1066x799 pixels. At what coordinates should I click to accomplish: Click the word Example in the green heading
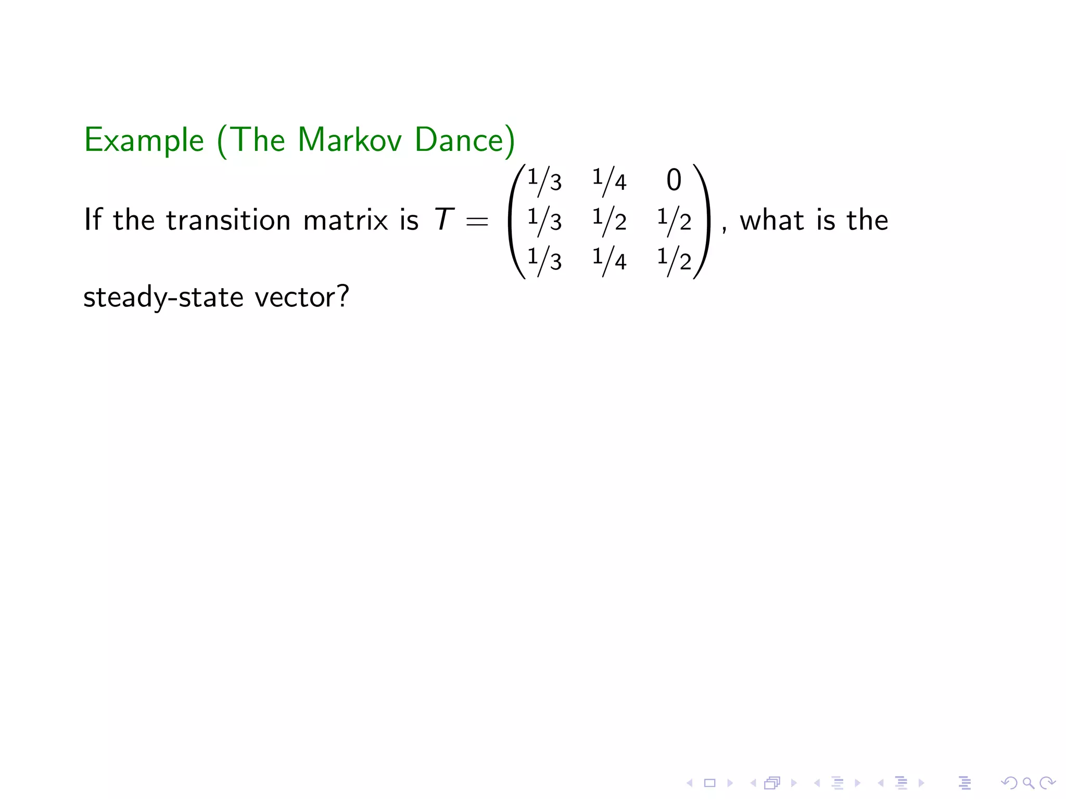pyautogui.click(x=144, y=140)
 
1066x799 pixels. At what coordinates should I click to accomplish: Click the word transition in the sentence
pyautogui.click(x=228, y=220)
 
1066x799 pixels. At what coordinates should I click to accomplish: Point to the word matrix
pyautogui.click(x=346, y=220)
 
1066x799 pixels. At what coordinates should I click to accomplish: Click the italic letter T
pyautogui.click(x=443, y=220)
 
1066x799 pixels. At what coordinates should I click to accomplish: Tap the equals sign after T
pyautogui.click(x=477, y=222)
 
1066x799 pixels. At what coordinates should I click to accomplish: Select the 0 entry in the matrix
pyautogui.click(x=674, y=180)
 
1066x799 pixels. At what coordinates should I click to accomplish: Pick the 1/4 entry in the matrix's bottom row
pyautogui.click(x=609, y=259)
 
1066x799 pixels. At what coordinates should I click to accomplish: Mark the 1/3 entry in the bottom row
pyautogui.click(x=544, y=259)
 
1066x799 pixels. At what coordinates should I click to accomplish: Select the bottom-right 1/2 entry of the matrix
pyautogui.click(x=674, y=259)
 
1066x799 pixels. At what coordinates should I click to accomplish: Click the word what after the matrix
pyautogui.click(x=772, y=220)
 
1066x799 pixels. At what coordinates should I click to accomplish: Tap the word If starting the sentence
pyautogui.click(x=93, y=220)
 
